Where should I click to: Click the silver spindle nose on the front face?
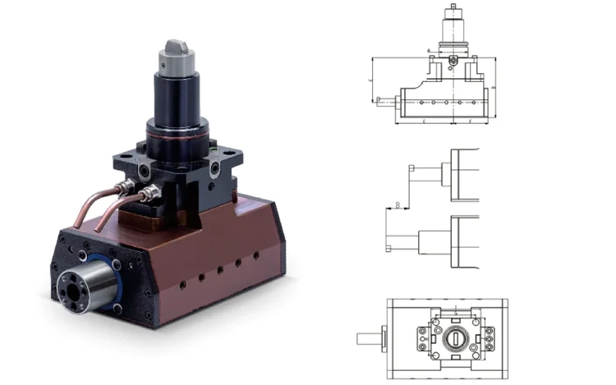(85, 285)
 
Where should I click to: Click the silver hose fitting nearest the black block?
(149, 195)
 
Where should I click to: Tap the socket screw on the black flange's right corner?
(215, 168)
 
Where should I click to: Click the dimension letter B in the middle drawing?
(398, 204)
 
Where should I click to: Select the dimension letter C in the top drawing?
(371, 80)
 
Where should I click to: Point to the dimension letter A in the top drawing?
(430, 51)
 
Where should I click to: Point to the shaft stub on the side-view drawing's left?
(384, 102)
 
